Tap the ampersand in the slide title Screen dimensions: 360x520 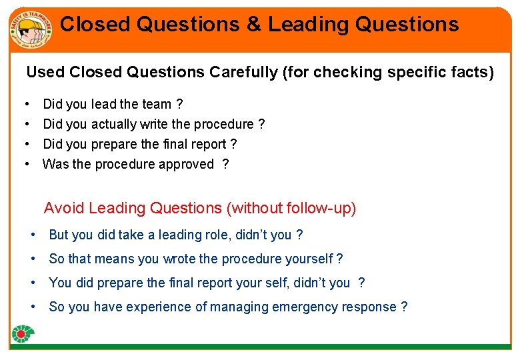[x=254, y=25]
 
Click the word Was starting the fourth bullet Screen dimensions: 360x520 [x=55, y=164]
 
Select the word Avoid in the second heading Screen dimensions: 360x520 [x=64, y=208]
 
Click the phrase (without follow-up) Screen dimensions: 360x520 [x=291, y=208]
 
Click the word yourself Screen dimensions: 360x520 [x=307, y=259]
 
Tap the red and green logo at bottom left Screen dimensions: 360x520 [x=23, y=334]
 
